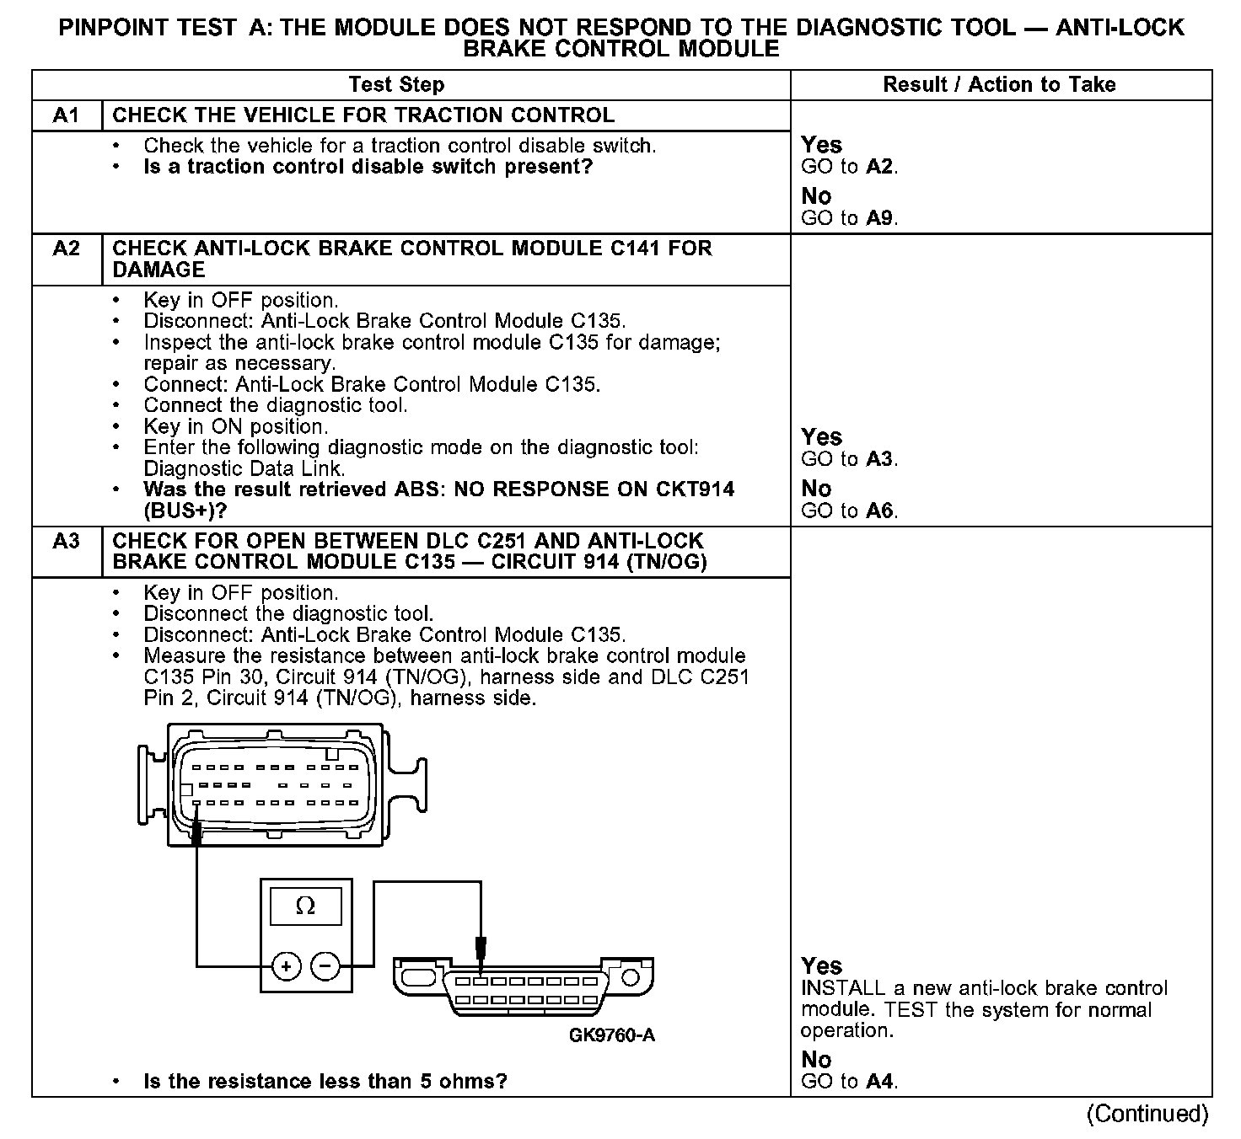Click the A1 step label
[66, 115]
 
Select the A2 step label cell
[66, 249]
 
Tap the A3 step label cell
[66, 541]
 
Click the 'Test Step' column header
[396, 84]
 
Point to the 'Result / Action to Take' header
[999, 84]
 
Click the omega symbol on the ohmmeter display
[306, 906]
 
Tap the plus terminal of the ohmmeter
[287, 965]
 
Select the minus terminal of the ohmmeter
[326, 965]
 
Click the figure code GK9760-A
[612, 1035]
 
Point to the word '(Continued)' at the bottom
[1147, 1114]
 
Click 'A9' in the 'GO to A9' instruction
[881, 218]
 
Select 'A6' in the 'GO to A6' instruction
[881, 511]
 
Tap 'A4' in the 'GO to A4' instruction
[881, 1081]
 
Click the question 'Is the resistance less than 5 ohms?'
[325, 1081]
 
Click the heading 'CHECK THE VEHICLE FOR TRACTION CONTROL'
[363, 115]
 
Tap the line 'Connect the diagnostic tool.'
[276, 405]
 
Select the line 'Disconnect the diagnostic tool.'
[288, 613]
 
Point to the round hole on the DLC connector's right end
[631, 977]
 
